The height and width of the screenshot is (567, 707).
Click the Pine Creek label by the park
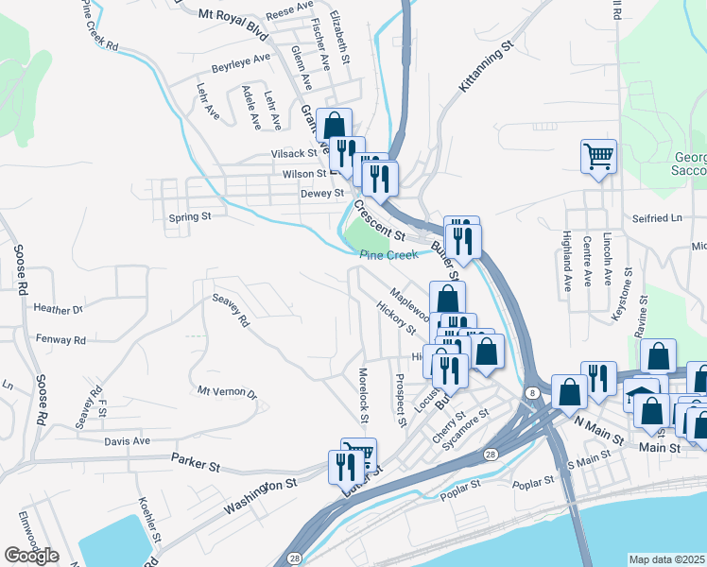pyautogui.click(x=388, y=255)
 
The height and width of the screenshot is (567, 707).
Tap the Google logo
pyautogui.click(x=31, y=556)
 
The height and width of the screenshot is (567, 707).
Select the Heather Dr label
pyautogui.click(x=59, y=309)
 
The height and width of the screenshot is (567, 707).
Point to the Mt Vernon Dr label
pyautogui.click(x=227, y=391)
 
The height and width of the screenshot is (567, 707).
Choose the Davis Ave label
pyautogui.click(x=128, y=441)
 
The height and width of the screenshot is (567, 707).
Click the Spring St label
pyautogui.click(x=189, y=217)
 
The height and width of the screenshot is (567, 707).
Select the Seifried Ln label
pyautogui.click(x=657, y=218)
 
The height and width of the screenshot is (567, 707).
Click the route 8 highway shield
pyautogui.click(x=533, y=392)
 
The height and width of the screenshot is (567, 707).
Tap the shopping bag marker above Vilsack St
pyautogui.click(x=335, y=125)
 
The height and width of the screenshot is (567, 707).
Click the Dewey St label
pyautogui.click(x=321, y=194)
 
